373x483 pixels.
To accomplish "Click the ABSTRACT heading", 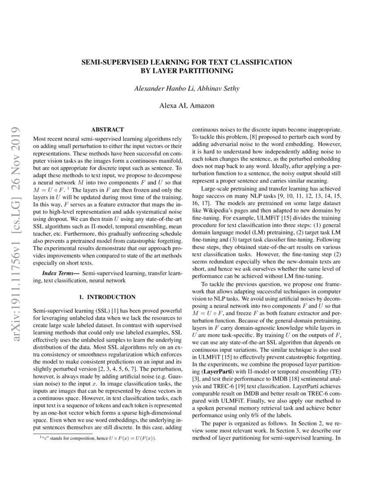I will coord(107,130).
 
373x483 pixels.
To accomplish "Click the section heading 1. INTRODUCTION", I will coord(107,297).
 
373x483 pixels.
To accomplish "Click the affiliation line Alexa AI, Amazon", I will coord(186,105).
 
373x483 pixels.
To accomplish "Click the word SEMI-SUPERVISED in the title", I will coord(111,62).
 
